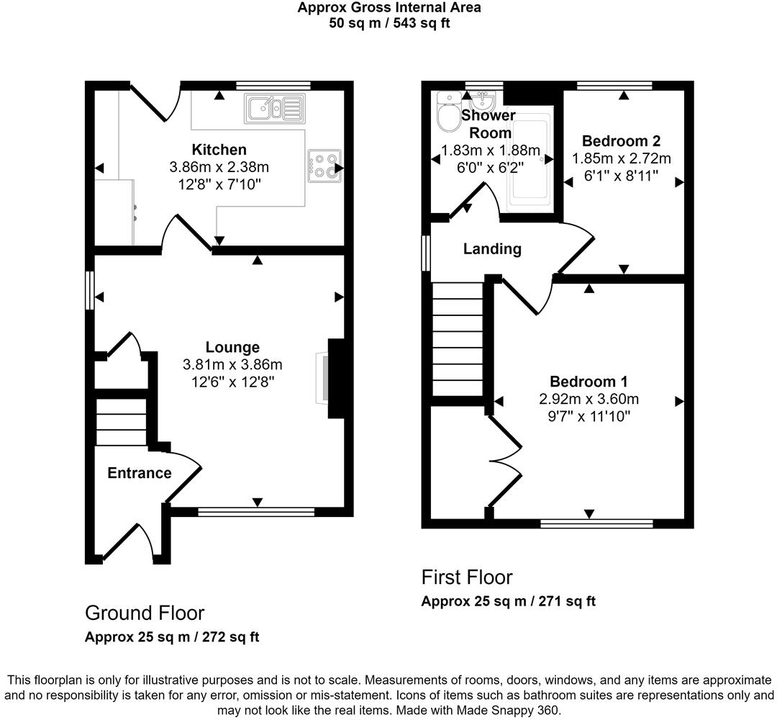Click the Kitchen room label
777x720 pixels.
pyautogui.click(x=219, y=150)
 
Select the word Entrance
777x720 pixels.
pyautogui.click(x=140, y=473)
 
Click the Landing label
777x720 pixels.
pyautogui.click(x=491, y=249)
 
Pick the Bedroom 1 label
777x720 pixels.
pyautogui.click(x=589, y=382)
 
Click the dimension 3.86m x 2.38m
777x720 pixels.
pyautogui.click(x=219, y=167)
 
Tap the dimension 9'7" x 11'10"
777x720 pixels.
pyautogui.click(x=589, y=416)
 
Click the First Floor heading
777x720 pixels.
pyautogui.click(x=467, y=577)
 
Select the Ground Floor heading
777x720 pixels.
pyautogui.click(x=145, y=613)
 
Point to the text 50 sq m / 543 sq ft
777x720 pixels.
pyautogui.click(x=389, y=22)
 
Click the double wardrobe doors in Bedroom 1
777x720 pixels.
pyautogui.click(x=506, y=461)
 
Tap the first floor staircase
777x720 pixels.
pyautogui.click(x=457, y=338)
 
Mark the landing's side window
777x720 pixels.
pyautogui.click(x=425, y=253)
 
